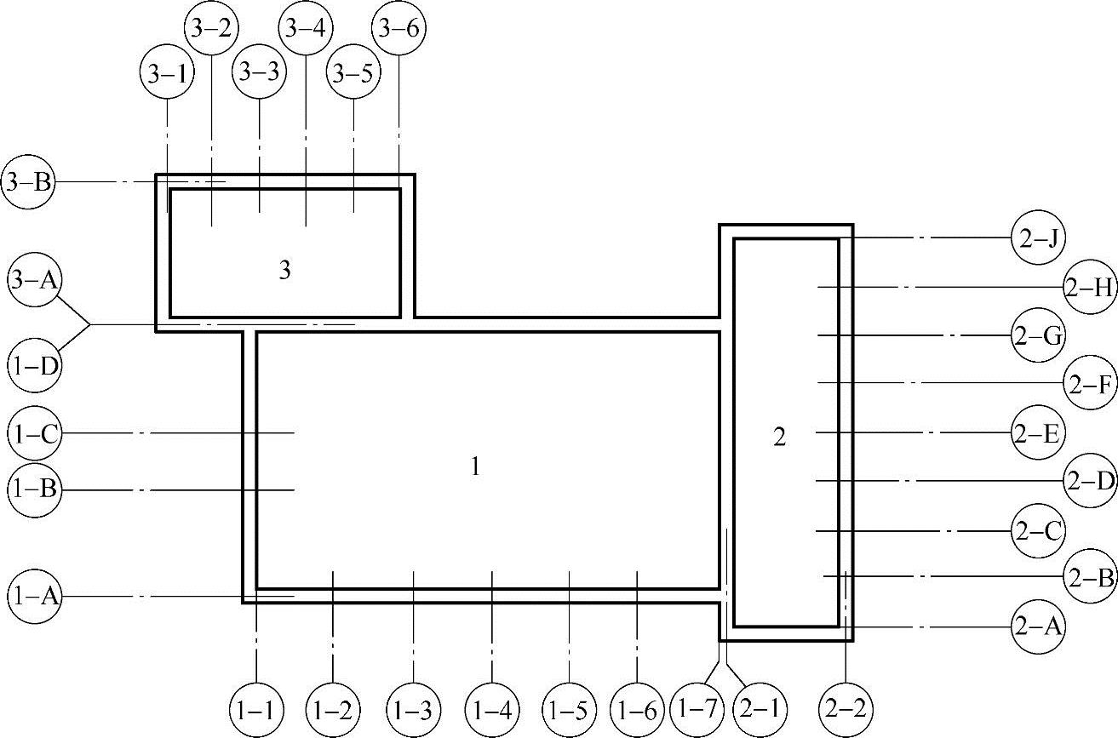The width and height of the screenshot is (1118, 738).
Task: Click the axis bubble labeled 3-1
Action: tap(167, 73)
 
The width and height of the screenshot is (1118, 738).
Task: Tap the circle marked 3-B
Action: tap(27, 182)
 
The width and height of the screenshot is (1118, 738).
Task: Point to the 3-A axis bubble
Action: tap(35, 280)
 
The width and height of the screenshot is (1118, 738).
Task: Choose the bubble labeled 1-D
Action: tap(35, 367)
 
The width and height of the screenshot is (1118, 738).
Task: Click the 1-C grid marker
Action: tap(34, 434)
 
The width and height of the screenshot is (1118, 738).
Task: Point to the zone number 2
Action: tap(779, 438)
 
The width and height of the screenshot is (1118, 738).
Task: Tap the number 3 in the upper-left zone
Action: tap(285, 271)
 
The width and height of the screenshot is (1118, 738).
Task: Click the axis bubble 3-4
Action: tap(305, 28)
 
